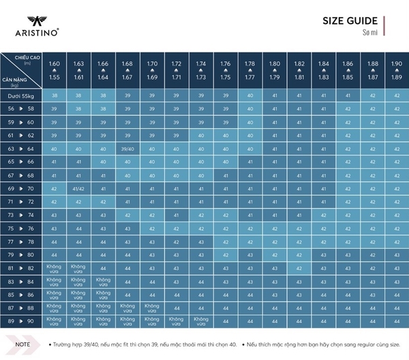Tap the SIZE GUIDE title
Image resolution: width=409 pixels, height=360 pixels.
click(350, 20)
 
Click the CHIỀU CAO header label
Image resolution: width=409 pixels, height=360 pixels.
click(26, 59)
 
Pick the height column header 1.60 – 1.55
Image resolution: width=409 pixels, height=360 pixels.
click(55, 70)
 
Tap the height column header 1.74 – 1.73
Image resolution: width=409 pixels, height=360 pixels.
click(200, 70)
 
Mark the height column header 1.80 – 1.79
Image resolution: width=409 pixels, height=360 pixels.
click(274, 70)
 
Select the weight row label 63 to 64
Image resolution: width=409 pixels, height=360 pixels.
click(20, 148)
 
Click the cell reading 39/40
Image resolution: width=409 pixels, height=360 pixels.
click(127, 148)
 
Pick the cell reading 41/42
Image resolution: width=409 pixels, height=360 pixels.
click(78, 187)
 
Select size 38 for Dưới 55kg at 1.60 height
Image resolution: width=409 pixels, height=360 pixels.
click(55, 96)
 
